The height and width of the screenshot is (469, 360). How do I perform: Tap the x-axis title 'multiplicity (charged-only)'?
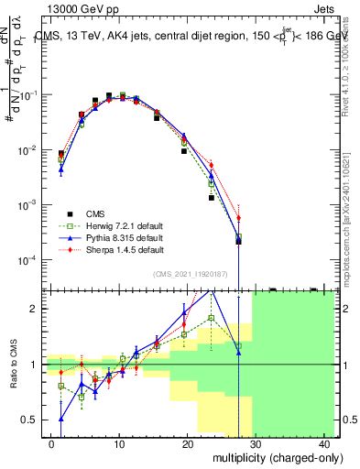(265, 456)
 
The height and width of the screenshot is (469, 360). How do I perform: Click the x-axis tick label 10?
(119, 444)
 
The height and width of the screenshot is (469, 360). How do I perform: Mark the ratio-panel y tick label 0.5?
(34, 420)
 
